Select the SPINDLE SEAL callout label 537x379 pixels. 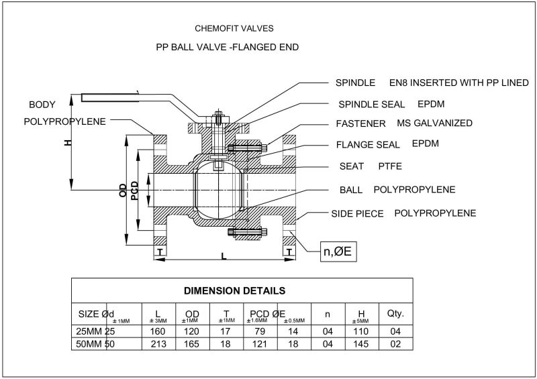[366, 105]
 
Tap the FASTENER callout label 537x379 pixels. [360, 123]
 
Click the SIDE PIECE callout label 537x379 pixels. [358, 213]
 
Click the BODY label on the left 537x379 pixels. [42, 105]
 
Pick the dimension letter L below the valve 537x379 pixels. [224, 256]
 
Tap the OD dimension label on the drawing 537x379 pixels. [123, 191]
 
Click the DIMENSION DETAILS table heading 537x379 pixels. [236, 291]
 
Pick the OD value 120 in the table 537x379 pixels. [191, 331]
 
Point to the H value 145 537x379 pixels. [360, 343]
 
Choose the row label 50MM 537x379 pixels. [89, 343]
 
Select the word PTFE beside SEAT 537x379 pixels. [390, 165]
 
